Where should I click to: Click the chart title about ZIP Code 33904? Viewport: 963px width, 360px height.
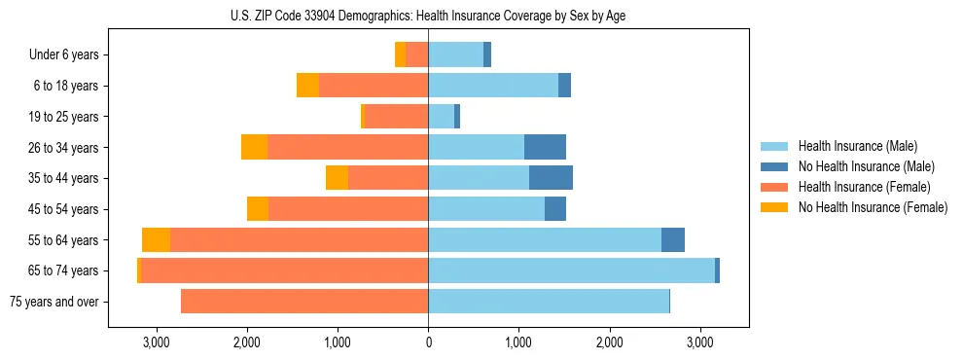point(428,16)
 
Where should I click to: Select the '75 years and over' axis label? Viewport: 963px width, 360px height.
point(53,302)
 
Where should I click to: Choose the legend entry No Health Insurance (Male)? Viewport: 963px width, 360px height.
point(866,166)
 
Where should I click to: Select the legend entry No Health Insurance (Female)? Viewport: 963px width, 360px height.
point(873,207)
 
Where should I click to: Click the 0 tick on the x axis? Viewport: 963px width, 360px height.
point(428,342)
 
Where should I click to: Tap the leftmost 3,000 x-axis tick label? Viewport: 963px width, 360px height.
point(156,342)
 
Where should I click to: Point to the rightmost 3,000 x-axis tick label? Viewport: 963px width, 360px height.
point(699,342)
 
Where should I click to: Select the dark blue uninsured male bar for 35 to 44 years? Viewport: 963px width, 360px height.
point(551,178)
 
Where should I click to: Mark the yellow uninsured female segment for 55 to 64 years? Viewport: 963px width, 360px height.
point(156,240)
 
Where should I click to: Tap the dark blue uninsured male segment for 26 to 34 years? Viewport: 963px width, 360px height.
point(545,147)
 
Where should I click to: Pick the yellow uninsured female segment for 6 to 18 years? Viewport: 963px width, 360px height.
point(307,86)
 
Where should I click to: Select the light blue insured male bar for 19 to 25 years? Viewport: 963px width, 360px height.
point(441,117)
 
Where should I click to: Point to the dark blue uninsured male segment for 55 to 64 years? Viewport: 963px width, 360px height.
point(673,240)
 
